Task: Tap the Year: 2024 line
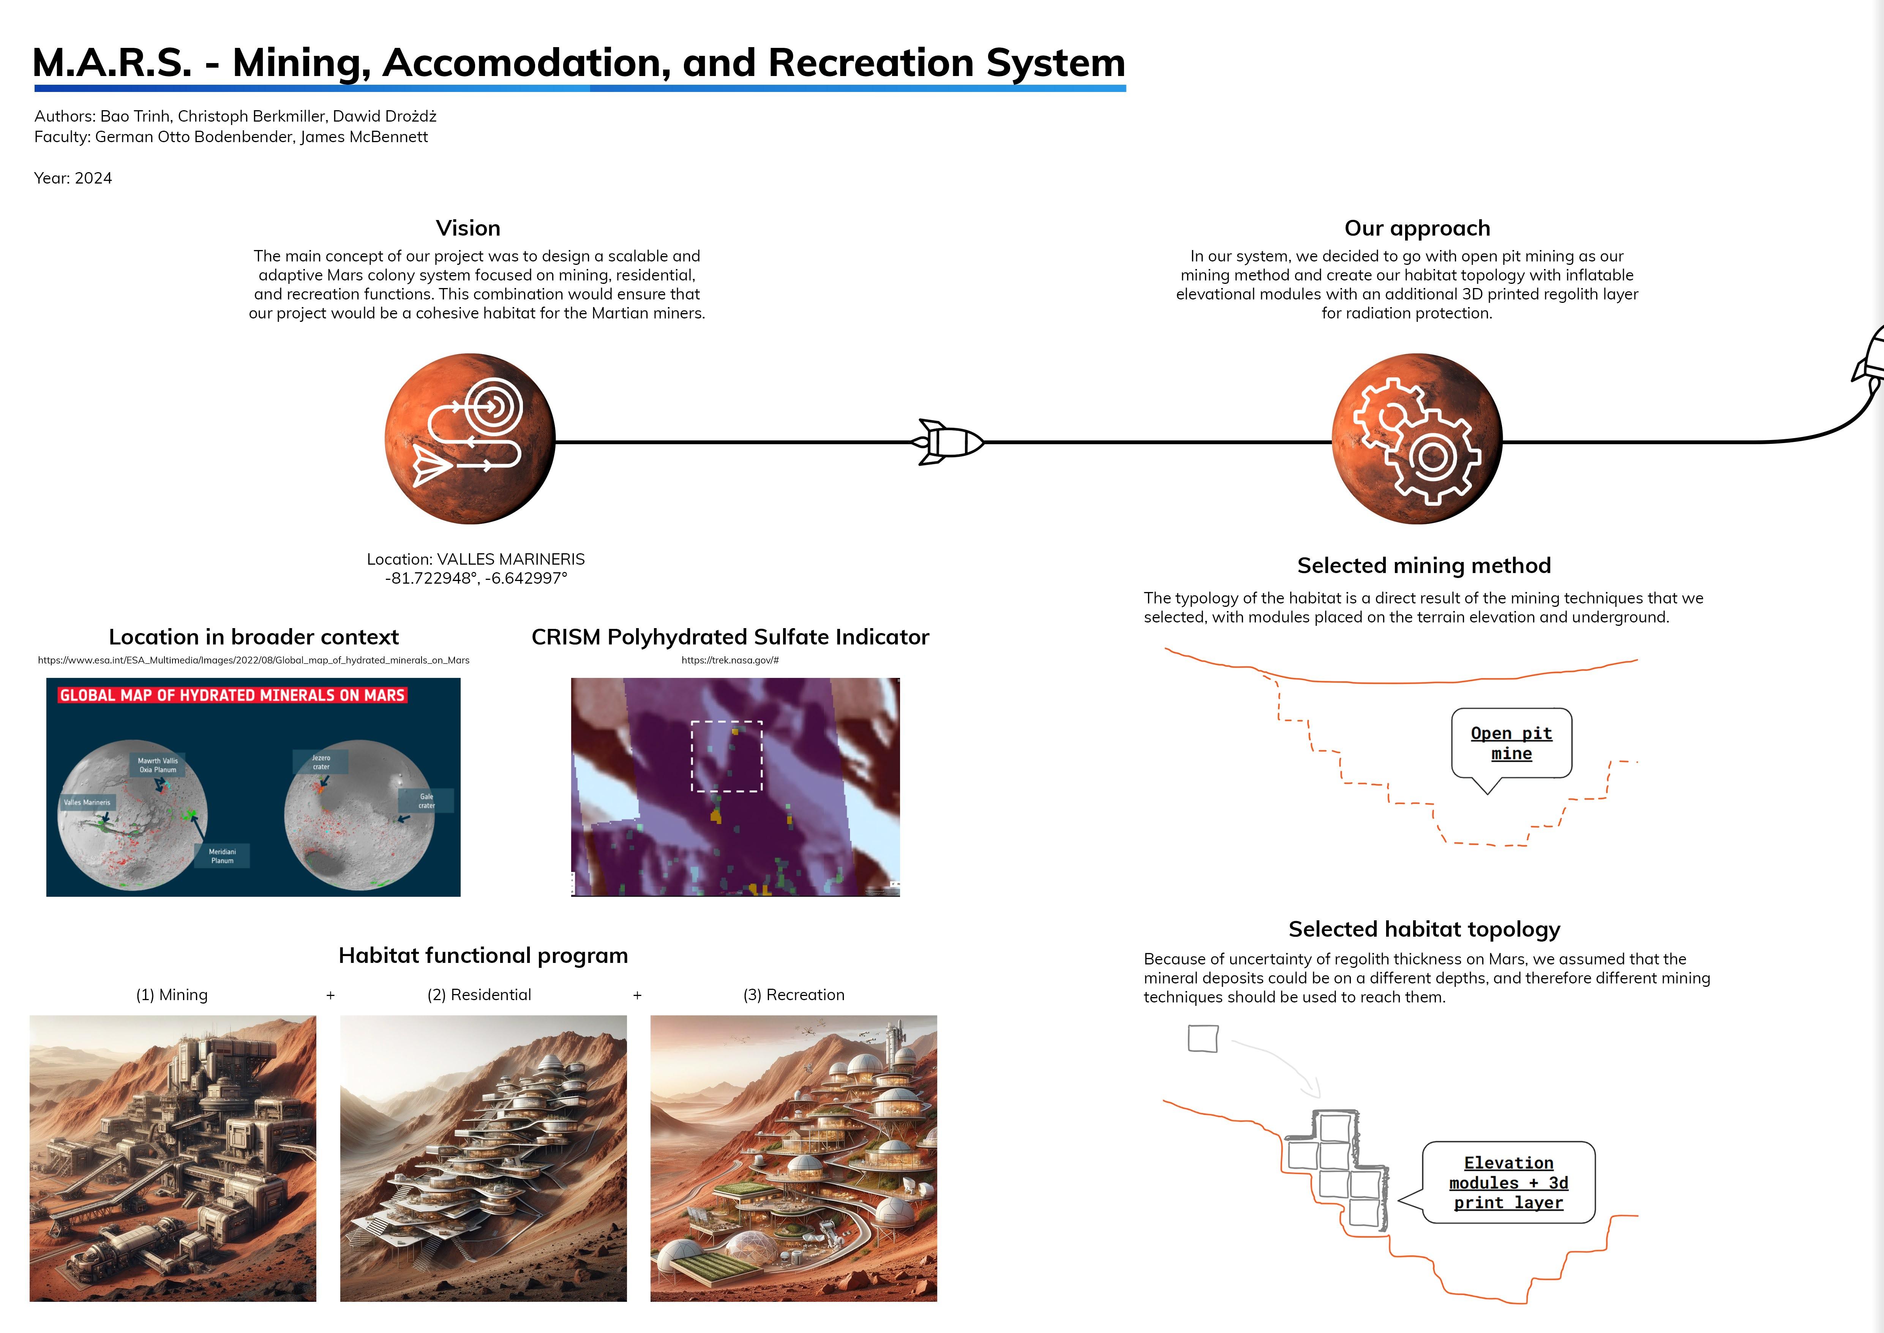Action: pyautogui.click(x=73, y=178)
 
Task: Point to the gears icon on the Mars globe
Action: pyautogui.click(x=1417, y=439)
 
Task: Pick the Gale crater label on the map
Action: pyautogui.click(x=426, y=800)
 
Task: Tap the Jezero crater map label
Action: pyautogui.click(x=321, y=762)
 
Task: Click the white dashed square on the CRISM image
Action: pyautogui.click(x=727, y=756)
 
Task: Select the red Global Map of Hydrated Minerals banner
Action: pyautogui.click(x=232, y=695)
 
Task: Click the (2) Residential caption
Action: pyautogui.click(x=479, y=995)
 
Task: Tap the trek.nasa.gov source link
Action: pyautogui.click(x=730, y=660)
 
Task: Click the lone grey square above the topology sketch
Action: pyautogui.click(x=1203, y=1039)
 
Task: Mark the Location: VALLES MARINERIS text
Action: pyautogui.click(x=476, y=559)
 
